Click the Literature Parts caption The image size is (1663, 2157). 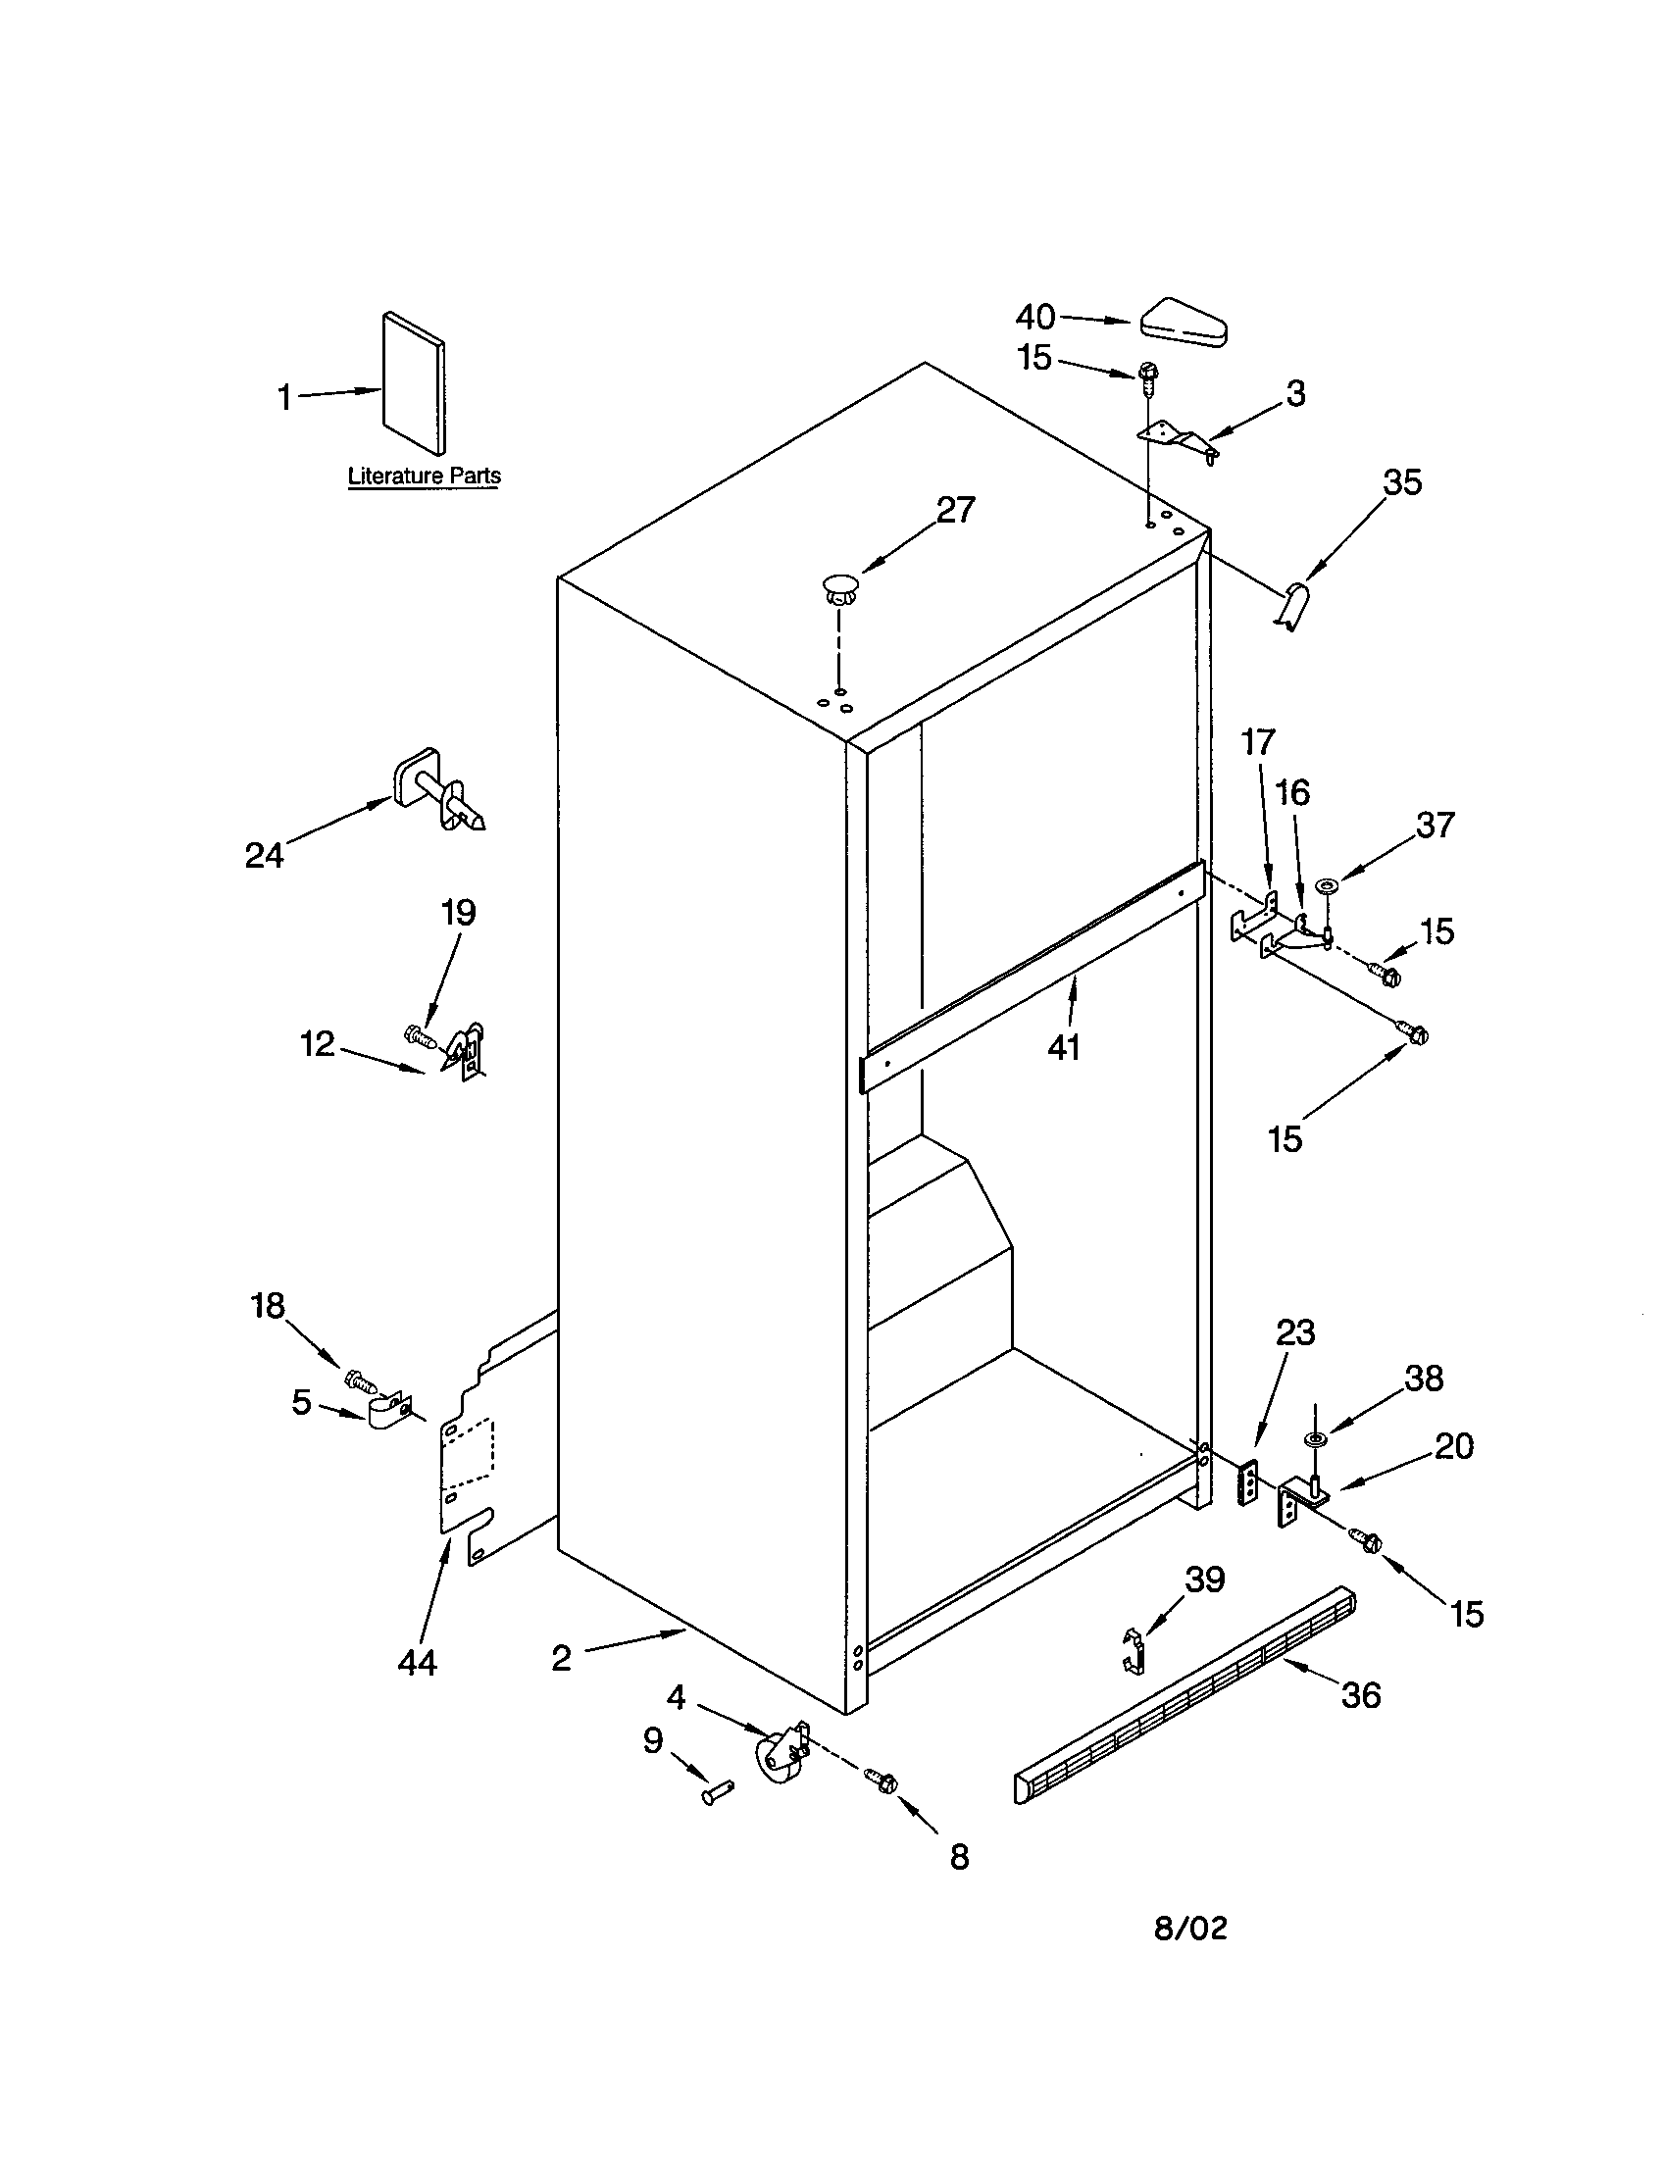pyautogui.click(x=424, y=477)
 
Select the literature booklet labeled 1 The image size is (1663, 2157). pyautogui.click(x=414, y=381)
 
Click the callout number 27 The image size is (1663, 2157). pyautogui.click(x=955, y=510)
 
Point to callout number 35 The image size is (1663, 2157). pyautogui.click(x=1401, y=482)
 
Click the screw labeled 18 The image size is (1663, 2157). pyautogui.click(x=359, y=1376)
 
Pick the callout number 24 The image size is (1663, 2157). pyautogui.click(x=264, y=855)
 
